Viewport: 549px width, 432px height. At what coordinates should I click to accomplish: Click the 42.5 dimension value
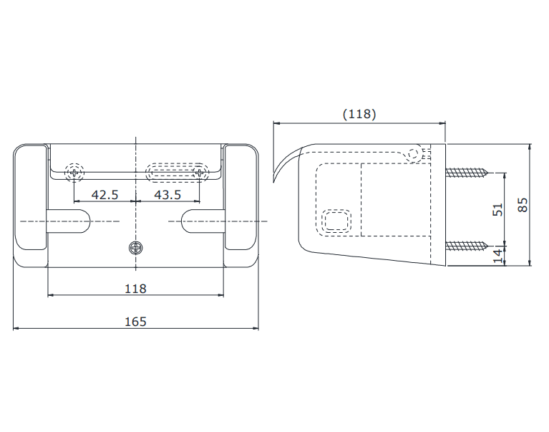click(x=105, y=195)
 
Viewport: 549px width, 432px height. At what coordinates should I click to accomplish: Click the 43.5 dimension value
click(x=167, y=195)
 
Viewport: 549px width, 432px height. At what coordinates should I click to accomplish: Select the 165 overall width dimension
click(x=135, y=322)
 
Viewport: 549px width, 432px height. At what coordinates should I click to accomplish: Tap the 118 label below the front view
click(x=135, y=289)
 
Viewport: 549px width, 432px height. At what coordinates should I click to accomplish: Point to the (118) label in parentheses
click(x=359, y=114)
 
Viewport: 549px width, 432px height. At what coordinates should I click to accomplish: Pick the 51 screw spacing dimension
click(x=497, y=209)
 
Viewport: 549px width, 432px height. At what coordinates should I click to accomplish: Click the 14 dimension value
click(x=497, y=256)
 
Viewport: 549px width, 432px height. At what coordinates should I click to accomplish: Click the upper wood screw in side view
click(x=467, y=173)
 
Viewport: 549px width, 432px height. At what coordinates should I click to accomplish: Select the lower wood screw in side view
click(x=467, y=246)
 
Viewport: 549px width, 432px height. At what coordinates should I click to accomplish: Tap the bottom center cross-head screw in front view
click(x=135, y=248)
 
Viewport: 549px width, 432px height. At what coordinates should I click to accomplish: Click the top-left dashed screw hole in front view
click(x=74, y=173)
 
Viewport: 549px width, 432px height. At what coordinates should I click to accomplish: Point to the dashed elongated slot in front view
click(x=178, y=173)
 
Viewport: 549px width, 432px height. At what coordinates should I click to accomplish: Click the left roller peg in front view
click(x=68, y=221)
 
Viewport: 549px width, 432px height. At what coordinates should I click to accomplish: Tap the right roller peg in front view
click(x=203, y=221)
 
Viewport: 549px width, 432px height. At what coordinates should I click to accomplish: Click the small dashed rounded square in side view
click(x=336, y=221)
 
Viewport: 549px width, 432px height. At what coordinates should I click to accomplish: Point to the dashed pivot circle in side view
click(x=413, y=153)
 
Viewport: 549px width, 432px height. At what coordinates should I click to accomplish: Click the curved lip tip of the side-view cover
click(x=274, y=181)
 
